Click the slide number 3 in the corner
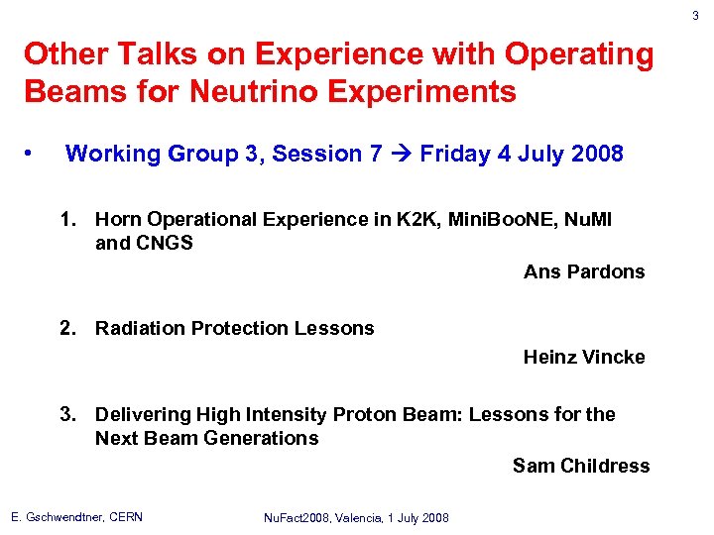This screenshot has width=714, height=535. click(695, 15)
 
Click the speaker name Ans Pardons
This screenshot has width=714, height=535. click(584, 271)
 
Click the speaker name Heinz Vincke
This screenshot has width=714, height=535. click(584, 357)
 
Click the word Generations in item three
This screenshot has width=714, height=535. click(261, 438)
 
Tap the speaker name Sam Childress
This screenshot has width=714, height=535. click(581, 466)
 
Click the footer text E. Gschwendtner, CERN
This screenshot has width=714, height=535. click(76, 517)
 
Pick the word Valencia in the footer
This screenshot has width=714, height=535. click(371, 518)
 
